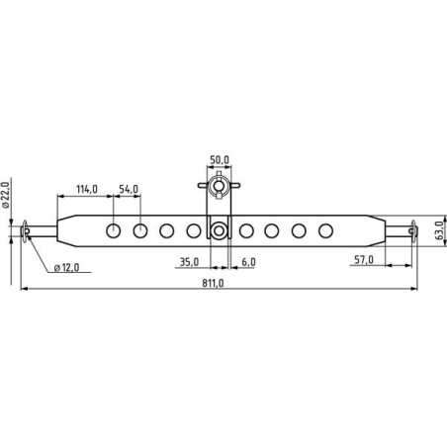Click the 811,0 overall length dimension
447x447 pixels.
pyautogui.click(x=213, y=283)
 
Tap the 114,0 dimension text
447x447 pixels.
pyautogui.click(x=87, y=189)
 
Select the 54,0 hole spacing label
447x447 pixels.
pyautogui.click(x=129, y=189)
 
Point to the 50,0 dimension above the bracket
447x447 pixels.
pyautogui.click(x=220, y=160)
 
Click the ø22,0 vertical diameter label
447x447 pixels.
pyautogui.click(x=5, y=195)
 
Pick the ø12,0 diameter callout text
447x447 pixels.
pyautogui.click(x=66, y=267)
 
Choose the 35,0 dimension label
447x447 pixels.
pyautogui.click(x=189, y=262)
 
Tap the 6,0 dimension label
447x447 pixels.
pyautogui.click(x=248, y=262)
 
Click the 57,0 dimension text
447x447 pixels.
pyautogui.click(x=364, y=260)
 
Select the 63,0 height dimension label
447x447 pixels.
pyautogui.click(x=439, y=230)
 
